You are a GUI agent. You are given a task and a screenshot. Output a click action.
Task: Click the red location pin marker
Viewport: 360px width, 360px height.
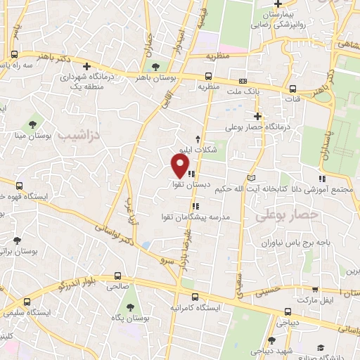180,165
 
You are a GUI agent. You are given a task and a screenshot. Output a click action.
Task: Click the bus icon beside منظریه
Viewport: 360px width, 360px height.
209,77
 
